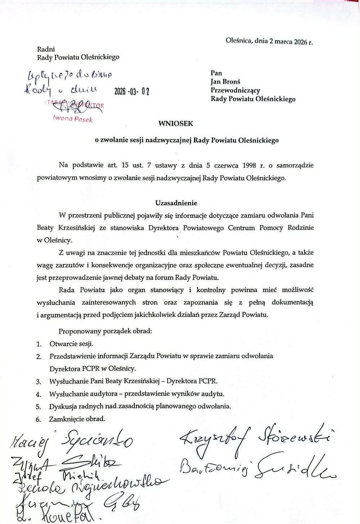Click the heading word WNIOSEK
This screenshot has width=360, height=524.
coord(176,124)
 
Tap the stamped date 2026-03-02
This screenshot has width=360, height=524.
coord(132,91)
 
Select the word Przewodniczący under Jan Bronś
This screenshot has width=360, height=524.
coord(235,90)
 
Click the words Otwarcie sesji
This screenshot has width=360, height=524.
coord(71,344)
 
